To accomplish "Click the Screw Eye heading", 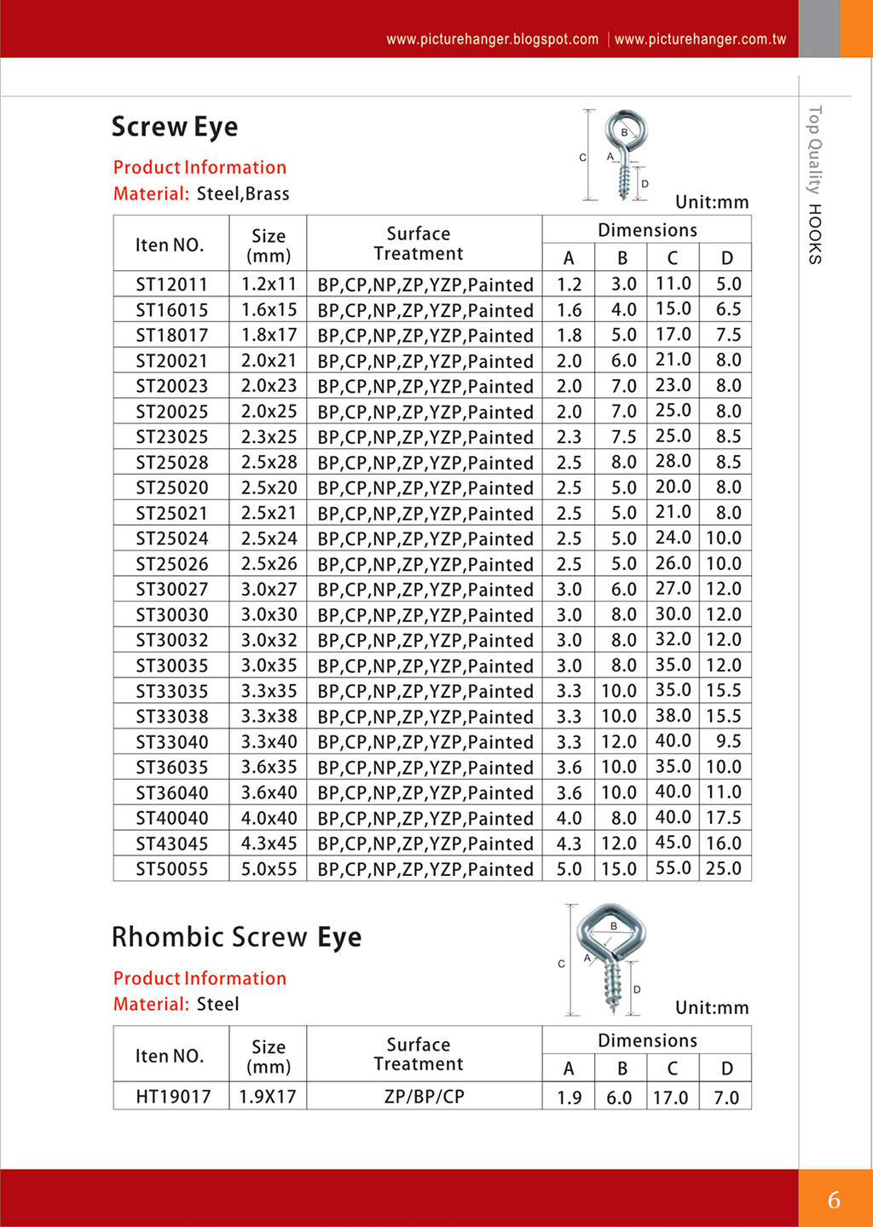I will click(x=175, y=127).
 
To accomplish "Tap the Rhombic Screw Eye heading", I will click(x=236, y=937).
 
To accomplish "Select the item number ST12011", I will click(x=171, y=285).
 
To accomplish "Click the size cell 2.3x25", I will click(x=269, y=437).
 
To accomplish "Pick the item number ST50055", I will click(x=171, y=869).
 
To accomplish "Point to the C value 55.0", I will click(x=673, y=868).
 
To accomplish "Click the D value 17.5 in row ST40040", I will click(x=724, y=818).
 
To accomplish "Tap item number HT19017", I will click(x=173, y=1097).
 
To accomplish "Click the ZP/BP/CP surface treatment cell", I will click(x=424, y=1097).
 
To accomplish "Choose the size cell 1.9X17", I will click(x=268, y=1097).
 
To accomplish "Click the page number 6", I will click(x=834, y=1200).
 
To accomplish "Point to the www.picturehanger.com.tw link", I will click(x=700, y=39).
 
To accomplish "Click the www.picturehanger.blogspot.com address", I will click(x=492, y=39).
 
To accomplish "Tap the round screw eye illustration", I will click(x=625, y=153).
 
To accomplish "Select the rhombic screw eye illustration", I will click(x=611, y=956).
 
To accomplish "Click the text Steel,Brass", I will click(x=243, y=194).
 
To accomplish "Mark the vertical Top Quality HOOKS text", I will click(x=815, y=184).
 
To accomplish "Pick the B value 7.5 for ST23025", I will click(x=623, y=437).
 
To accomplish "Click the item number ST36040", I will click(x=171, y=793).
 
